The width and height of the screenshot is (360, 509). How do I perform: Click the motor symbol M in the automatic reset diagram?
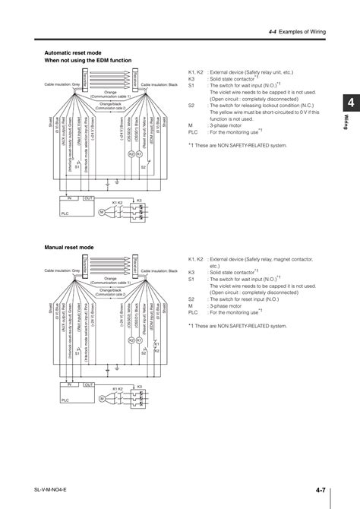(101, 210)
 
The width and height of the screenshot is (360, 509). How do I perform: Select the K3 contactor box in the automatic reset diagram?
(139, 209)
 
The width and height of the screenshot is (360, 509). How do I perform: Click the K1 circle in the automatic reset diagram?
(139, 154)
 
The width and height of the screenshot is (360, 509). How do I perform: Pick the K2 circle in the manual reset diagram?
(131, 340)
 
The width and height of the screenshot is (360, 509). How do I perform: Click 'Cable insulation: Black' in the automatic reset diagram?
(159, 93)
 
